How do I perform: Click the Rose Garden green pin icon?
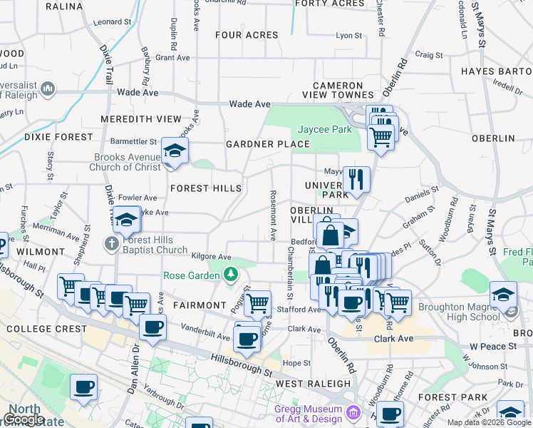tap(230, 274)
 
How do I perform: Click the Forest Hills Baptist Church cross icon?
tap(110, 244)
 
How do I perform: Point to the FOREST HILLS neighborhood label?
tap(205, 188)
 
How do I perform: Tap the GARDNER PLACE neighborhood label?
tap(268, 144)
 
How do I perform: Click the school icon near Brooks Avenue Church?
tap(173, 151)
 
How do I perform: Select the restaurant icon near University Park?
tap(356, 178)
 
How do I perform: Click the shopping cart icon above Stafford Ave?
tap(257, 302)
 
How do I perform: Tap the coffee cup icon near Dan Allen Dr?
tap(153, 327)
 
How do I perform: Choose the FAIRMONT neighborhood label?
tap(200, 305)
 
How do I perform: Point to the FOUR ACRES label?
tap(247, 35)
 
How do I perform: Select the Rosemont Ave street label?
tap(272, 215)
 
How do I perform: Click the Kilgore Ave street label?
tap(211, 256)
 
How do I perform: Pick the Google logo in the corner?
tap(24, 419)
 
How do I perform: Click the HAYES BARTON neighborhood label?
tap(496, 71)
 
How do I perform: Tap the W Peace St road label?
tap(492, 347)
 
